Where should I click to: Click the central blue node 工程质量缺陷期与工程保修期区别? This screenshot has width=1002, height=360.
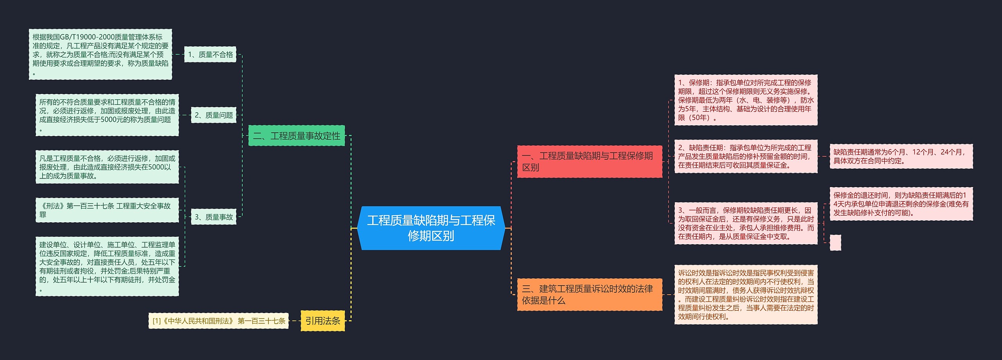(431, 228)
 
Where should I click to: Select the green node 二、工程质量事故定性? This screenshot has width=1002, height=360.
(296, 136)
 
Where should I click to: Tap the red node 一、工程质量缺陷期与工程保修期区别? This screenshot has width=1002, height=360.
(589, 162)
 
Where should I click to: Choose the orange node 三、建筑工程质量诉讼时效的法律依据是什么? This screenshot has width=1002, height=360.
(589, 295)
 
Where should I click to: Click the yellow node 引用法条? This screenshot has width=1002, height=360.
(323, 321)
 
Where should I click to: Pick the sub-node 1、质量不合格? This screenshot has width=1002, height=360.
(210, 54)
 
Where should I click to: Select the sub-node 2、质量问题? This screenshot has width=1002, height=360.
(214, 115)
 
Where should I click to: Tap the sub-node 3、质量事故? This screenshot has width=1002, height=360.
(214, 217)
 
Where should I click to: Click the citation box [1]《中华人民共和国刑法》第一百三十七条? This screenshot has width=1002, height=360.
(218, 321)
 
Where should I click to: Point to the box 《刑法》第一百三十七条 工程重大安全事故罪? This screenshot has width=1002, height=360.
(107, 210)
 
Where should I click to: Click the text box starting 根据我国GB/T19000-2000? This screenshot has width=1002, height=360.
(100, 54)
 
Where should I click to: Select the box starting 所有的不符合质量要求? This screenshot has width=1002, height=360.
(107, 115)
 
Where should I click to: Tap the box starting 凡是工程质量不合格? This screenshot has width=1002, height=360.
(107, 167)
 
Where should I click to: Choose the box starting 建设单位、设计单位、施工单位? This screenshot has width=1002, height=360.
(107, 266)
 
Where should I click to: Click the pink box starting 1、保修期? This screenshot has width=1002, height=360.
(746, 100)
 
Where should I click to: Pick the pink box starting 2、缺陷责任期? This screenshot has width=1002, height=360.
(746, 156)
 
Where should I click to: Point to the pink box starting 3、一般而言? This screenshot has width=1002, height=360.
(746, 223)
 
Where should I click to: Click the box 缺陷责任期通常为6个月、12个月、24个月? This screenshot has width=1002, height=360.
(901, 156)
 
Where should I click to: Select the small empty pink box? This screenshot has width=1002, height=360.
(835, 243)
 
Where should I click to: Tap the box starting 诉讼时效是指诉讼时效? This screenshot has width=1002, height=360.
(746, 295)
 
